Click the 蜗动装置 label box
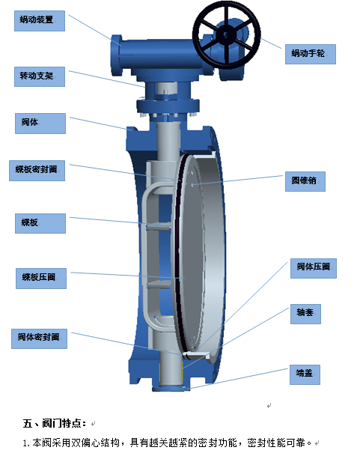[40, 21]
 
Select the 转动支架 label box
[40, 77]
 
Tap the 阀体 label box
[40, 124]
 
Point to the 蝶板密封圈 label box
[37, 171]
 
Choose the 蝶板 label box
[40, 223]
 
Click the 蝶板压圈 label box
[41, 279]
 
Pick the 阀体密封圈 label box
[40, 338]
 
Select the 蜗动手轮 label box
[311, 54]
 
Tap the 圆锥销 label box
[305, 181]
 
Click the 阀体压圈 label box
[314, 268]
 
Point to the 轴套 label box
[305, 314]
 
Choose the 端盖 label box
[305, 374]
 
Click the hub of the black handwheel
[226, 35]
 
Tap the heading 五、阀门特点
[55, 423]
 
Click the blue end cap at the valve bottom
[171, 388]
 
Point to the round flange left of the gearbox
[117, 56]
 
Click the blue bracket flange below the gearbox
[168, 106]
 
